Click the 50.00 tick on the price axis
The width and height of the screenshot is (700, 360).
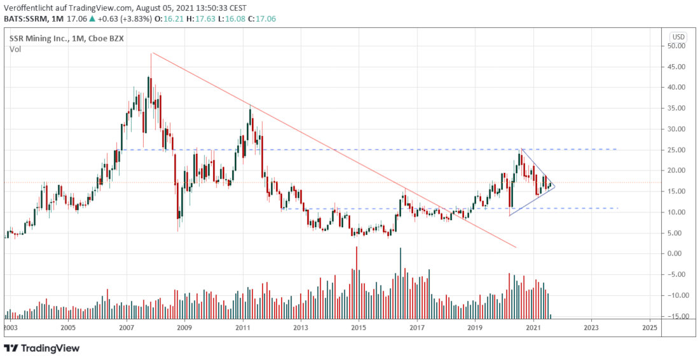(x=676, y=46)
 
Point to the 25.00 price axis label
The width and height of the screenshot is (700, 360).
(x=676, y=150)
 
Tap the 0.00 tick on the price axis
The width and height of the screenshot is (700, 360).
(x=677, y=254)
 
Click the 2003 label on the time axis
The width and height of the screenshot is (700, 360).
(x=10, y=328)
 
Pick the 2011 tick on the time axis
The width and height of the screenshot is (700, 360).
(x=242, y=328)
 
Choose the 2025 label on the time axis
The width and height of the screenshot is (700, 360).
(x=650, y=328)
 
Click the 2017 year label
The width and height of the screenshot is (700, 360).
(x=417, y=328)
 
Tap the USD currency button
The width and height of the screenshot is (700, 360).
(x=678, y=36)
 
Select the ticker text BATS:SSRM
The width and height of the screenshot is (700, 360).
(x=26, y=18)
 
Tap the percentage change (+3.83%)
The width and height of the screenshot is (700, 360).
(x=124, y=18)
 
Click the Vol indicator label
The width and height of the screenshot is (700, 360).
(x=15, y=49)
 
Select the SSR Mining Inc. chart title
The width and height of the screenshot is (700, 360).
(x=36, y=39)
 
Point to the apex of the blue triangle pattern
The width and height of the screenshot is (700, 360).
(x=556, y=186)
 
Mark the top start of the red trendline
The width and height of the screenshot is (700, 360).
(x=151, y=53)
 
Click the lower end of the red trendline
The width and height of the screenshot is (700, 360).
(x=516, y=247)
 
